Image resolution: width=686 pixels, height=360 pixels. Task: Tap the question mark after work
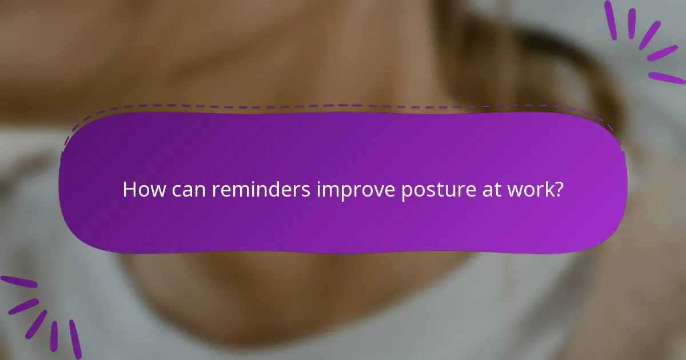(x=559, y=190)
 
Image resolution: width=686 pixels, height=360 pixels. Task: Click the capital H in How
(x=129, y=190)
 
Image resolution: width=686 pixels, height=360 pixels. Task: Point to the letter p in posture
(x=406, y=192)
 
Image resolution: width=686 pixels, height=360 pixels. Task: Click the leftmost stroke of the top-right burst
(x=611, y=20)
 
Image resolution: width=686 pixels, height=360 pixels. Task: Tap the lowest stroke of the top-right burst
(x=667, y=78)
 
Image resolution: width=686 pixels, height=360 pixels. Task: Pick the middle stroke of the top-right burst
(x=649, y=35)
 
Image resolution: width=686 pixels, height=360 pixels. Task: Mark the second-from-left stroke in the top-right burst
(x=632, y=23)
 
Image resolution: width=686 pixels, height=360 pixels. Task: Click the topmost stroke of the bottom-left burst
(x=18, y=282)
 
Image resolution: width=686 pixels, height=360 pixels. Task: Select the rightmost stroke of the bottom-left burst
(x=75, y=339)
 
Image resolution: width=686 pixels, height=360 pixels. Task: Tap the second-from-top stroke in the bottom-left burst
(x=23, y=306)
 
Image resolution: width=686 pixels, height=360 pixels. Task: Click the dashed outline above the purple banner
(x=343, y=106)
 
